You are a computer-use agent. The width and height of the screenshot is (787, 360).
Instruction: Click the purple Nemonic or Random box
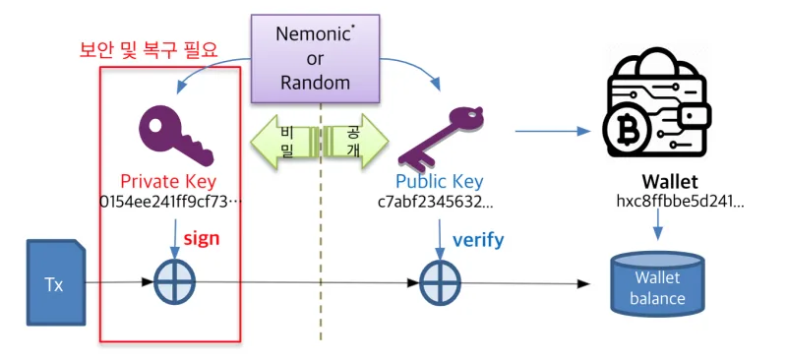point(315,58)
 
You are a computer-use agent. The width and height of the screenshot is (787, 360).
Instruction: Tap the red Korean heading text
point(150,51)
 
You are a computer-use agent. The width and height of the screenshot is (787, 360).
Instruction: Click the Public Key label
point(440,182)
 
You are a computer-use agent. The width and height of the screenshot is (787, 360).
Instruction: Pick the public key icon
point(440,135)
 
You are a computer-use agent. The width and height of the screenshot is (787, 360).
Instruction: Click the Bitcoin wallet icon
point(656,104)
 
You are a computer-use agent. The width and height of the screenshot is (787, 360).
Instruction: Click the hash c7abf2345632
point(436,202)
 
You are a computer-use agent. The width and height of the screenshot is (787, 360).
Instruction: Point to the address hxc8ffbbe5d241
point(680,202)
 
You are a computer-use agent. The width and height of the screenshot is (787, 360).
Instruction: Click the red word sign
point(202,238)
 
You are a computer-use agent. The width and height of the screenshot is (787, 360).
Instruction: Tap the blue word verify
point(478,240)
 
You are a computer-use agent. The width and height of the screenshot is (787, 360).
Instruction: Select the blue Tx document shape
point(56,282)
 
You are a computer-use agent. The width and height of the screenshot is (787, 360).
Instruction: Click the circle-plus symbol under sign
point(174,282)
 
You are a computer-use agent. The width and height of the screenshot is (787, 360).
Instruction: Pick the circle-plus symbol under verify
point(440,282)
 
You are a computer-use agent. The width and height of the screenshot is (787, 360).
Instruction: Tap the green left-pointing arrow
point(285,142)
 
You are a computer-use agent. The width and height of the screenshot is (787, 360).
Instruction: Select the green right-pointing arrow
point(355,142)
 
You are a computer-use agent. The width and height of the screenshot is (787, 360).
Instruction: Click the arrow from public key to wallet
point(553,132)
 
